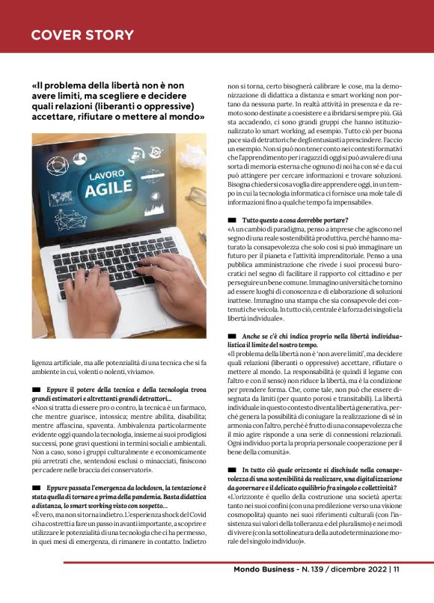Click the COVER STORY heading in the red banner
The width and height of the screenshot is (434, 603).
point(82,35)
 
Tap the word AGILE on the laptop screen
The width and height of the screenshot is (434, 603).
point(108,188)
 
